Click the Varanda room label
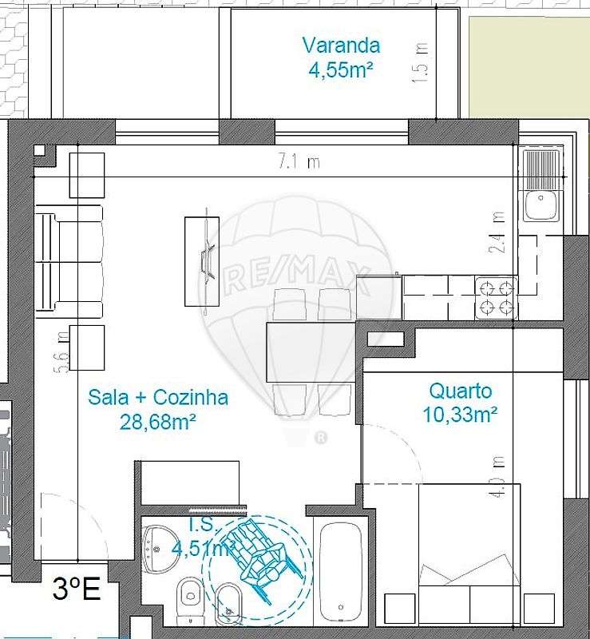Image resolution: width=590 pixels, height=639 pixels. click(341, 46)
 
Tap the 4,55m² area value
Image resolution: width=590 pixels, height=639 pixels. click(341, 70)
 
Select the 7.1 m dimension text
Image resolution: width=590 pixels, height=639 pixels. click(299, 162)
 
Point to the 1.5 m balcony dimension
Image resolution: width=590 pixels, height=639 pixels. click(422, 63)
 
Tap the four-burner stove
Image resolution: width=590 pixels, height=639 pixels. click(495, 297)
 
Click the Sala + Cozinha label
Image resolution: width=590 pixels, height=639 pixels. click(158, 397)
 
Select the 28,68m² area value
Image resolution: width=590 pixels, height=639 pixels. click(158, 422)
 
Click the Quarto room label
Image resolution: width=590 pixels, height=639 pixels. click(461, 391)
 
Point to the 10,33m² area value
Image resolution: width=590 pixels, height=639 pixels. click(461, 415)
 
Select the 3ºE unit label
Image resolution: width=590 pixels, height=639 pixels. click(76, 590)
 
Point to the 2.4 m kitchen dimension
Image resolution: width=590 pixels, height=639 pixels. click(499, 232)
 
